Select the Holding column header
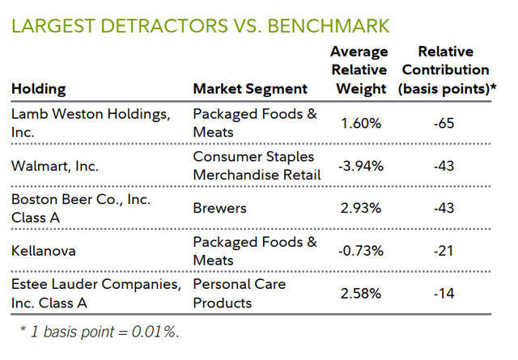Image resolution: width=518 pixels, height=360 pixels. click(x=39, y=89)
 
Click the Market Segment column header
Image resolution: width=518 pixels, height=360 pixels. click(x=250, y=89)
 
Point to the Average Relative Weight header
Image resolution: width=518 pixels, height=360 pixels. click(x=359, y=70)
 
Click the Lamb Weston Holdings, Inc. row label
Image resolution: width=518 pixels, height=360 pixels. click(x=91, y=123)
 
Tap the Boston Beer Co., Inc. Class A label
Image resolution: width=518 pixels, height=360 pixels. click(x=81, y=208)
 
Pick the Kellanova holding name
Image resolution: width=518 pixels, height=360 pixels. click(x=43, y=251)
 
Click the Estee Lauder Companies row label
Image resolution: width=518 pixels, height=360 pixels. click(x=95, y=293)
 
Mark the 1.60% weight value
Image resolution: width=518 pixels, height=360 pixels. click(x=359, y=123)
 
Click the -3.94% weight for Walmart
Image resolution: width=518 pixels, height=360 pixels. click(x=359, y=165)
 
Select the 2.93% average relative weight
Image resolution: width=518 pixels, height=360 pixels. click(x=359, y=208)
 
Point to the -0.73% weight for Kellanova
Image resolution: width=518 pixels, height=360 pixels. click(x=359, y=251)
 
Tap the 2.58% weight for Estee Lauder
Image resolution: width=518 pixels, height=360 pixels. click(x=359, y=293)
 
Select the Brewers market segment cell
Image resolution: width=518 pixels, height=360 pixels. click(x=219, y=208)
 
